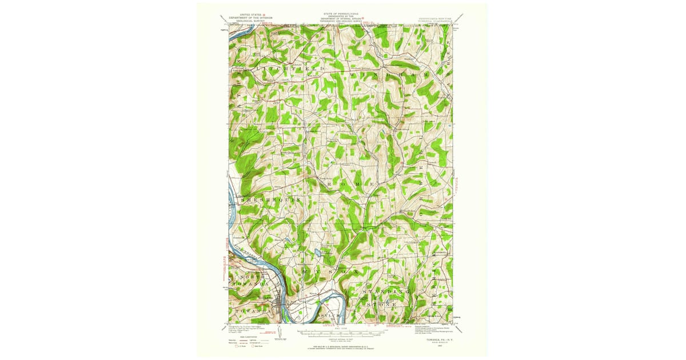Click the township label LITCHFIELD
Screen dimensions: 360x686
click(x=289, y=69)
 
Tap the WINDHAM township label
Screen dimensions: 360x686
click(x=394, y=75)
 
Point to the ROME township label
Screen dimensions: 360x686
click(x=352, y=184)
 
